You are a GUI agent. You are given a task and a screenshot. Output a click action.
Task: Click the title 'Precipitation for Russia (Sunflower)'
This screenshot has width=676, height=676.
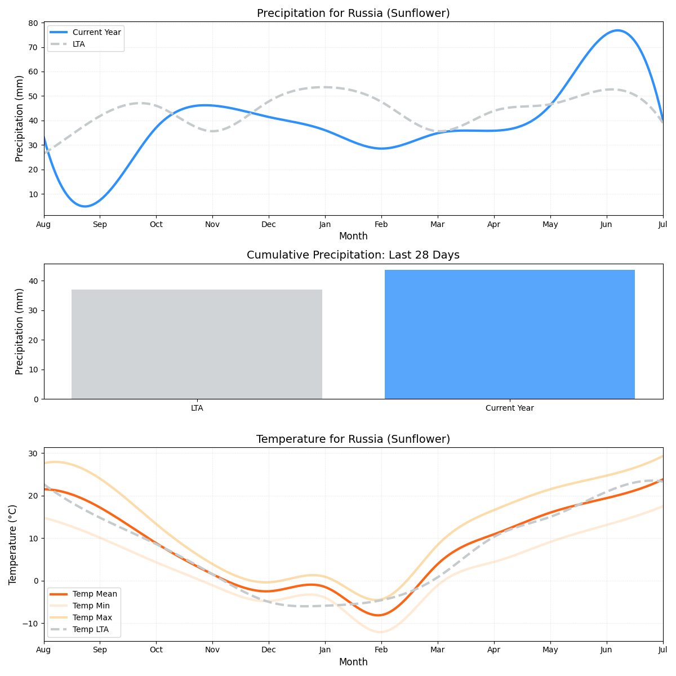point(353,13)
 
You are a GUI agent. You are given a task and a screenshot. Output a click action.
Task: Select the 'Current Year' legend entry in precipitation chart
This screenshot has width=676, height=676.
point(96,32)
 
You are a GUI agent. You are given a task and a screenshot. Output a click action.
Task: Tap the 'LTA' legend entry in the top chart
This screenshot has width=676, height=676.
point(79,44)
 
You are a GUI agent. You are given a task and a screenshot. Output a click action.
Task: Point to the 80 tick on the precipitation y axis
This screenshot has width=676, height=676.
point(33,23)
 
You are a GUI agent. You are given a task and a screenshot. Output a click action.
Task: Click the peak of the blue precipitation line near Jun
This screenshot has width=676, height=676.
point(618,30)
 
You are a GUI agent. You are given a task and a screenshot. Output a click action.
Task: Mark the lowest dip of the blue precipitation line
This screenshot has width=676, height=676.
point(84,206)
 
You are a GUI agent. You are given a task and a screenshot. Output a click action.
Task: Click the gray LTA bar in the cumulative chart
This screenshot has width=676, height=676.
point(197,344)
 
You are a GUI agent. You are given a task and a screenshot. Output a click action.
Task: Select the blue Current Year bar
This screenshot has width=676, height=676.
point(509,335)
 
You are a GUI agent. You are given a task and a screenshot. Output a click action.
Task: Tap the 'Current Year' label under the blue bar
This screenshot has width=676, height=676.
point(509,408)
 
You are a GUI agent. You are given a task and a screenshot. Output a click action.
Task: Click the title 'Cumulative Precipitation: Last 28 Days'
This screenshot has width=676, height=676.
point(353,255)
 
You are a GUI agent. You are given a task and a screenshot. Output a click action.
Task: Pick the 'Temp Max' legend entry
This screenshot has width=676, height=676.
point(92,617)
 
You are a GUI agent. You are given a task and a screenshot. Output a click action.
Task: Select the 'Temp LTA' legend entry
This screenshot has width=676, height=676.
point(91,629)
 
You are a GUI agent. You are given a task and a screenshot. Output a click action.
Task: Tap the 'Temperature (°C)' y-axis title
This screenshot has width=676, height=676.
point(13,544)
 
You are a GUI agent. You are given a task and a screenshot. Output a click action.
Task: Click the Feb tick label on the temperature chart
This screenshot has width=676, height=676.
point(381,650)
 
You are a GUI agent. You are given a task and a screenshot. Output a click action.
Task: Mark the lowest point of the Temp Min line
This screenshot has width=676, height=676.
point(381,632)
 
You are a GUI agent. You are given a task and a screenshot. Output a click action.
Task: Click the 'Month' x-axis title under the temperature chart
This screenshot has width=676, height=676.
point(353,662)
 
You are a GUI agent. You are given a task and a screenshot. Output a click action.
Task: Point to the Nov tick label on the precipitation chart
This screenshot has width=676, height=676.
point(212,224)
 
